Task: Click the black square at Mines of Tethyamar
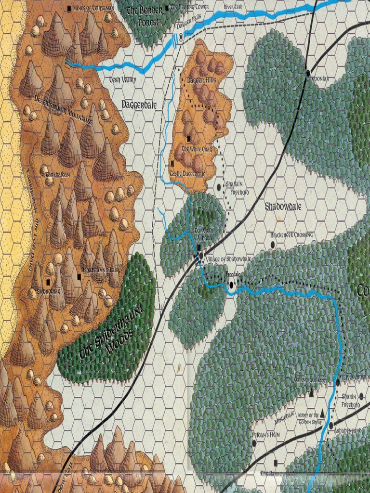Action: click(69, 8)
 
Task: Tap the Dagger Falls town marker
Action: click(181, 37)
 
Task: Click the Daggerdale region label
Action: click(139, 104)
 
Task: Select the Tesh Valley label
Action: click(123, 80)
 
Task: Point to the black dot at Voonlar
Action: click(308, 73)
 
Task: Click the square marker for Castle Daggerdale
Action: click(172, 163)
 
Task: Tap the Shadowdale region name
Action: click(283, 207)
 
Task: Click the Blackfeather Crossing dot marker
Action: click(273, 245)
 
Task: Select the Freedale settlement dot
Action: click(231, 285)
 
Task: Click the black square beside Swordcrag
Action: click(48, 282)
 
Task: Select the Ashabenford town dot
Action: click(331, 426)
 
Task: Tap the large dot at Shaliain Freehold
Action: click(219, 187)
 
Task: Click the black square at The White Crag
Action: click(189, 139)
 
